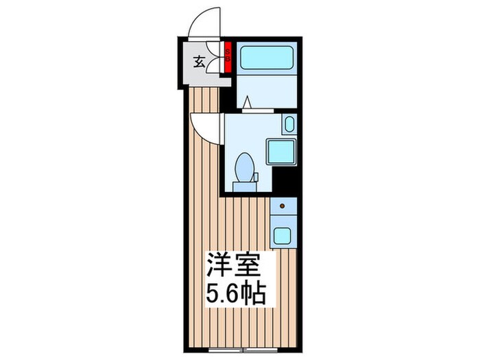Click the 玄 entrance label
pos(198,62)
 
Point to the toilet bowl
pos(245,167)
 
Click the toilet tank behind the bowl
pos(245,184)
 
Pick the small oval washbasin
pos(288,125)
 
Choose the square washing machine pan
pos(280,151)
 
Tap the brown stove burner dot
pos(281,206)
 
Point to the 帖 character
pos(254,296)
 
